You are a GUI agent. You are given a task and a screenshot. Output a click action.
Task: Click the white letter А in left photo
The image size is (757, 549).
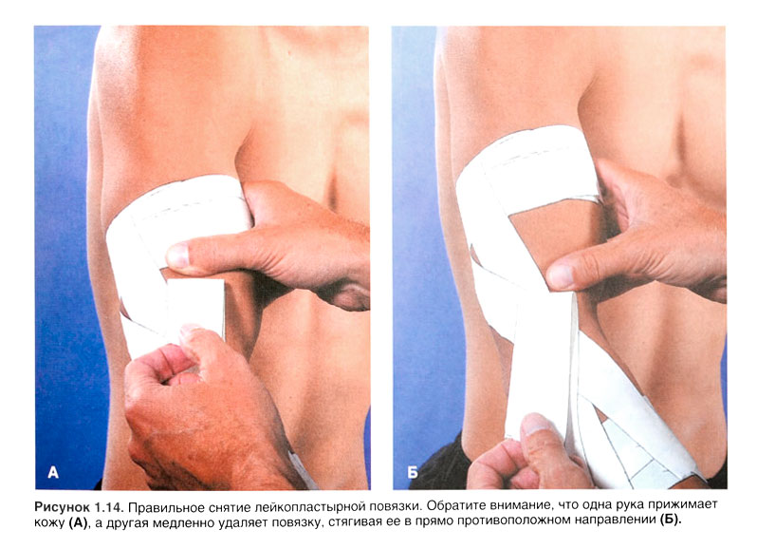(53, 472)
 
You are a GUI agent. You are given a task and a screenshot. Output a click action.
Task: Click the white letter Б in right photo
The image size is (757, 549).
(413, 472)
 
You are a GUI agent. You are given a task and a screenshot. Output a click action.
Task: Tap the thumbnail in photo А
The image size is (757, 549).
(177, 256)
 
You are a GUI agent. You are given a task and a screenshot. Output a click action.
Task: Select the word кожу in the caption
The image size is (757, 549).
(49, 521)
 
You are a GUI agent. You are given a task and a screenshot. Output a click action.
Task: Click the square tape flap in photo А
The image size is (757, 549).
(196, 308)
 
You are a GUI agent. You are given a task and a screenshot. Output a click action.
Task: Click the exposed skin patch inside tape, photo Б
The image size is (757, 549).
(549, 237)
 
